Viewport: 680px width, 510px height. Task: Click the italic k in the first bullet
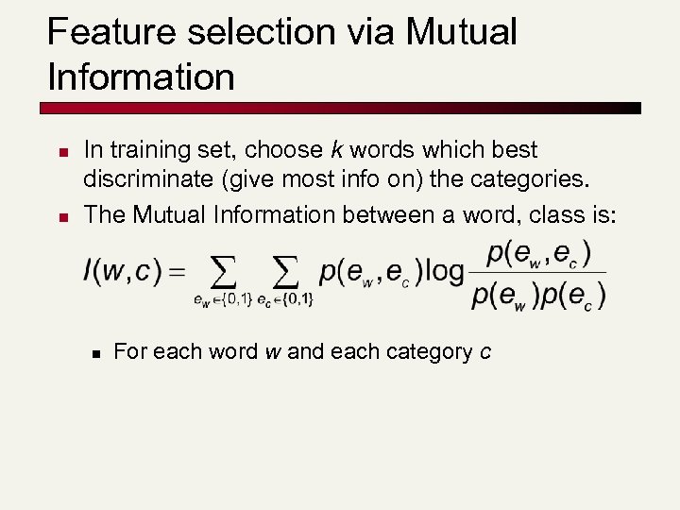[x=334, y=150]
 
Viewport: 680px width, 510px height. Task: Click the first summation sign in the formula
[x=221, y=273]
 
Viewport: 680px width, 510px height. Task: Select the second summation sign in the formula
[x=285, y=273]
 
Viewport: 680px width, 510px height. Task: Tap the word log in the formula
[x=445, y=272]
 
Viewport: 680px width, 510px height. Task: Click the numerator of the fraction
[x=539, y=254]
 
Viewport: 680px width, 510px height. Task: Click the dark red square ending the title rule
[x=636, y=108]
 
